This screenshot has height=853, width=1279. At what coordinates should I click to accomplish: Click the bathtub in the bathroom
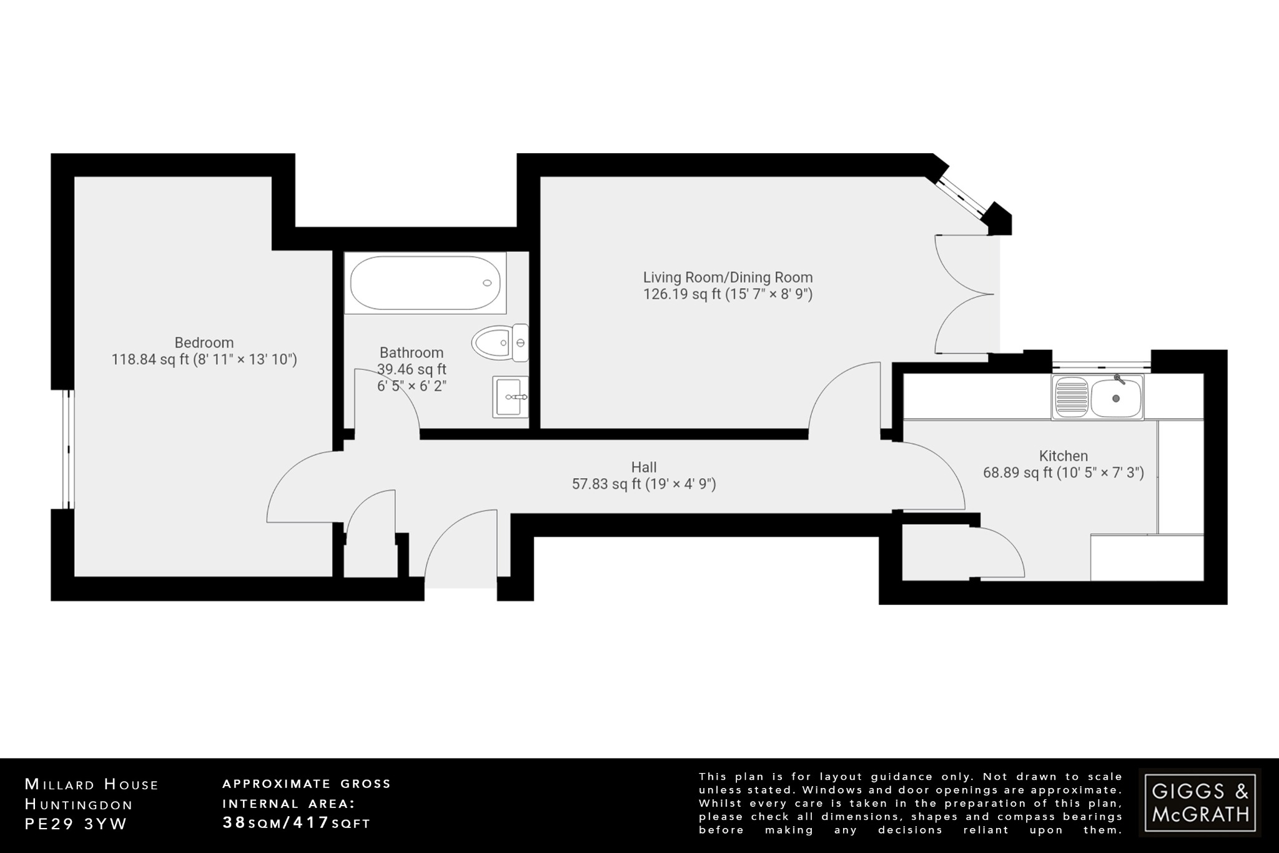tap(425, 284)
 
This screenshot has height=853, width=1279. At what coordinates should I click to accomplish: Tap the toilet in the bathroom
tap(500, 342)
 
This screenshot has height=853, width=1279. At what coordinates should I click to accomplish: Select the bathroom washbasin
tap(510, 397)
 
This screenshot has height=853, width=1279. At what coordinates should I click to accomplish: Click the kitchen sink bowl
tap(1115, 397)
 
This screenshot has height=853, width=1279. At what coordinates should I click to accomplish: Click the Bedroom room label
tap(204, 342)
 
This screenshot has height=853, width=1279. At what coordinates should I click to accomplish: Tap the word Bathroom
tap(412, 352)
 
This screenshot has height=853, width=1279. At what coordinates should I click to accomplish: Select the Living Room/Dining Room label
tap(728, 277)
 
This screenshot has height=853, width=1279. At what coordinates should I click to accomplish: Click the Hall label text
tap(644, 467)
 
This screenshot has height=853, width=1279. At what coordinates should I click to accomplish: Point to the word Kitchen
tap(1063, 456)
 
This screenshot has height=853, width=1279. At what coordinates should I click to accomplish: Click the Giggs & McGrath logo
tap(1200, 802)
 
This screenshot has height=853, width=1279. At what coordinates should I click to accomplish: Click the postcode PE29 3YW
tap(76, 824)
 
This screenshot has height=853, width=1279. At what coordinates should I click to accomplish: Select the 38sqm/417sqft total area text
tap(297, 822)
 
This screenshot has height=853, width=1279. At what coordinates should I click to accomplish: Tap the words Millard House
tap(92, 784)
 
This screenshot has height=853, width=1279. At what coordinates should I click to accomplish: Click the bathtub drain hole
tap(487, 283)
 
